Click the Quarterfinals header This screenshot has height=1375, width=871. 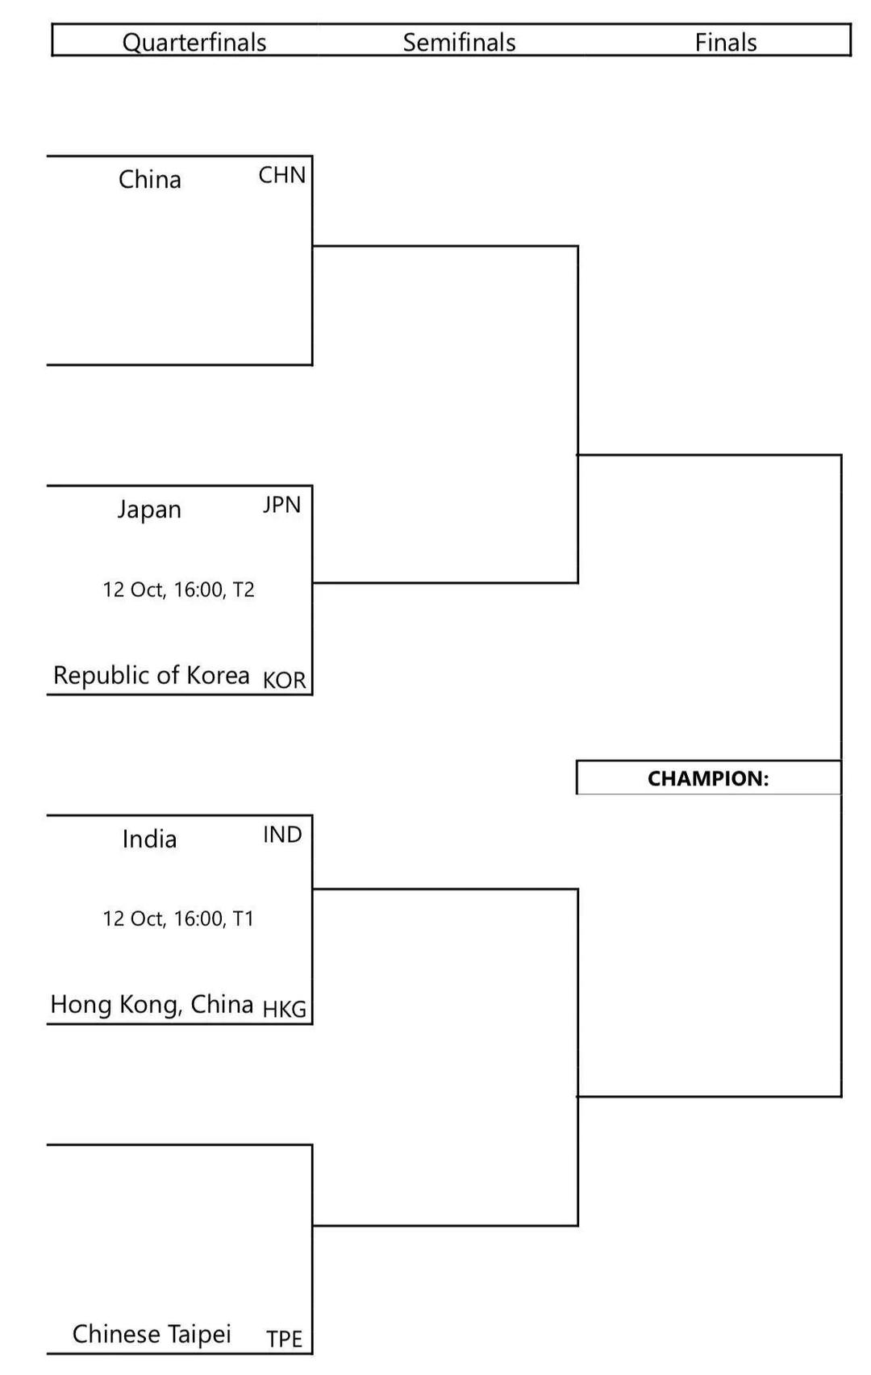[x=194, y=42]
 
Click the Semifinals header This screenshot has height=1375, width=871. [x=459, y=42]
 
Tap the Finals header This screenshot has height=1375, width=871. [x=726, y=42]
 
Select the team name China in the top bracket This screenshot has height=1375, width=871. [x=150, y=179]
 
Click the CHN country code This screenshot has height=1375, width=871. [x=281, y=175]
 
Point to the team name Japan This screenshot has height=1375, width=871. [x=149, y=510]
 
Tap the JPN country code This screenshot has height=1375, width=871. [x=281, y=505]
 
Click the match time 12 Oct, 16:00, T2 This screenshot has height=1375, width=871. [x=178, y=590]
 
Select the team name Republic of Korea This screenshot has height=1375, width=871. [x=151, y=675]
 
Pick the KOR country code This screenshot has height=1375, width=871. [x=284, y=680]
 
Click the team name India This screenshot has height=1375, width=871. [x=149, y=840]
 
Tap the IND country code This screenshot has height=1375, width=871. [x=282, y=835]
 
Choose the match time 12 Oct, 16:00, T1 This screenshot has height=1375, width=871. [x=178, y=919]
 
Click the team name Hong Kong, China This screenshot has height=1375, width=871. [x=152, y=1005]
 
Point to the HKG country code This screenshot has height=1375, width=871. [x=284, y=1009]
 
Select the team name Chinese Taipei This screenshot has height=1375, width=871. [x=152, y=1334]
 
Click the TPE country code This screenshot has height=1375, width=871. [x=284, y=1339]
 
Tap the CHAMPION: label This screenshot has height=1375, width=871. [x=708, y=778]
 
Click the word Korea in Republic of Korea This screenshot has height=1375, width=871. [x=218, y=675]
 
